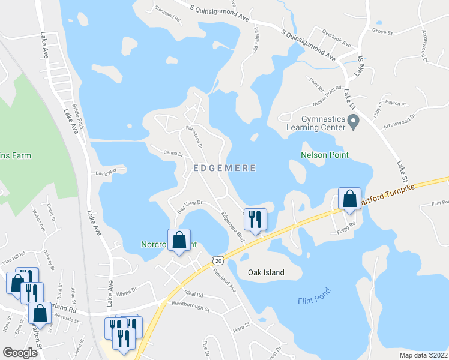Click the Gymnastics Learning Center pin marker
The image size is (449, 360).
(354, 123)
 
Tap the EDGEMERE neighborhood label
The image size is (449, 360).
(225, 169)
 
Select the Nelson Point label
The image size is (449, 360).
(324, 155)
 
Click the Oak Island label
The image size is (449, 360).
(266, 272)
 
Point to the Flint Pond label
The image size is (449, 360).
(314, 300)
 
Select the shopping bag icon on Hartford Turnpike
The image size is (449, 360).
(349, 199)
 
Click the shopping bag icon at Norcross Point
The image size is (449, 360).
(179, 241)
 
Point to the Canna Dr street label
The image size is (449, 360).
(172, 154)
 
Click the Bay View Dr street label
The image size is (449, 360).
(191, 206)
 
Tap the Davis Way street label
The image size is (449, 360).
(105, 174)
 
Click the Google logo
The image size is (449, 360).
(20, 353)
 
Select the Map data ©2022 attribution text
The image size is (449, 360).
(423, 355)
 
